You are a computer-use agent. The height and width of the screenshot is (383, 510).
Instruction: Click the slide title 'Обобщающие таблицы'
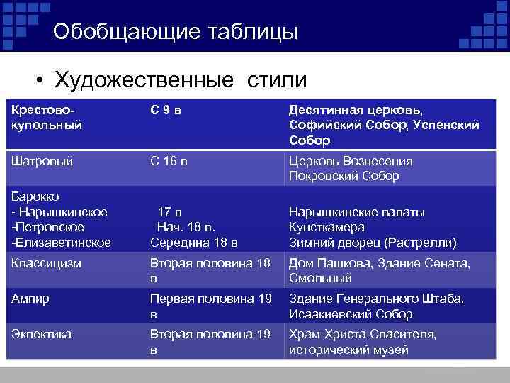(x=175, y=32)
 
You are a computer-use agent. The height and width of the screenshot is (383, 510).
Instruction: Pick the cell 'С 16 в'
(x=169, y=161)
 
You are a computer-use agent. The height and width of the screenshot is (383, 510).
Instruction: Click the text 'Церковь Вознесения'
(x=351, y=161)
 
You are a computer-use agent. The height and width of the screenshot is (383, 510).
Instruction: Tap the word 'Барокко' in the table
(x=35, y=196)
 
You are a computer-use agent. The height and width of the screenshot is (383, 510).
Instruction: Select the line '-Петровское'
(x=47, y=227)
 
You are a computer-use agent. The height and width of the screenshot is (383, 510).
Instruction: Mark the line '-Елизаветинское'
(x=61, y=243)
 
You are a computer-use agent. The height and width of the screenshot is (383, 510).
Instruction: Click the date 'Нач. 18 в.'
(x=185, y=227)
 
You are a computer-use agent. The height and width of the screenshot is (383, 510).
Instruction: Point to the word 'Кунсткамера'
(x=327, y=227)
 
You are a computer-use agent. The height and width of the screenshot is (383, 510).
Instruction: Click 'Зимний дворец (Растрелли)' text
(x=373, y=243)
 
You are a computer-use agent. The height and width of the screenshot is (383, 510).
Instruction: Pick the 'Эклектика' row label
(x=41, y=333)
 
